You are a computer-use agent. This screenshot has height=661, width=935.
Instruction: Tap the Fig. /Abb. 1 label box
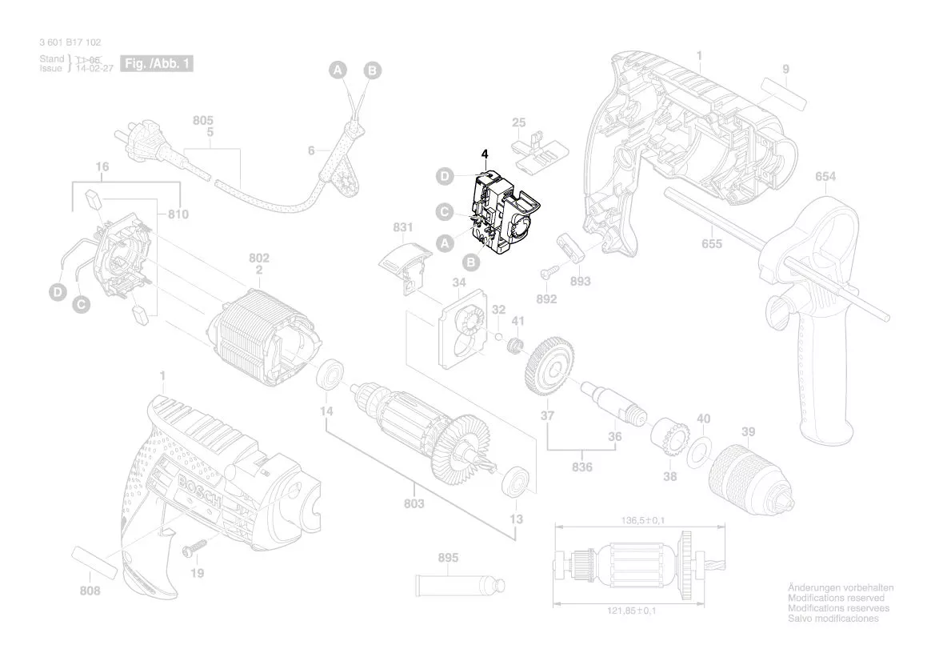tap(157, 63)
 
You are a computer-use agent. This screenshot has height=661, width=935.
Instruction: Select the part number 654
tap(825, 177)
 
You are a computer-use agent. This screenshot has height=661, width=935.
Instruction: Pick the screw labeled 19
tap(194, 550)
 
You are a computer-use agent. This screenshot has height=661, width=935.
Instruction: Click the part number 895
tap(448, 558)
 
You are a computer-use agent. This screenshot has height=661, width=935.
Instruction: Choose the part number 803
tap(414, 503)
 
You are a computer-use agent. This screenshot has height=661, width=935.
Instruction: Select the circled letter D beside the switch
tap(445, 176)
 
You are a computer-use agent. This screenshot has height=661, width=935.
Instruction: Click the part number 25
tap(518, 122)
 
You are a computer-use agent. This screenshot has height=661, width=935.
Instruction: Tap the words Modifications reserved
tap(836, 598)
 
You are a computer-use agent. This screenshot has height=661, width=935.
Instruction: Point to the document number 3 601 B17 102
tap(70, 42)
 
